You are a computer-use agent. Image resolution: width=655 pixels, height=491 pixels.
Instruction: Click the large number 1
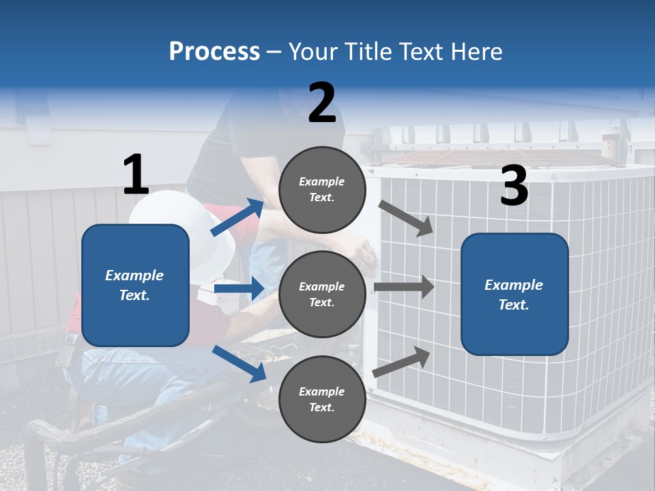point(136,175)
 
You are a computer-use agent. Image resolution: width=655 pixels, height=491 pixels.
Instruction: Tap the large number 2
point(322,103)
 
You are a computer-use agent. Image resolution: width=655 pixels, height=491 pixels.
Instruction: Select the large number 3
point(514,186)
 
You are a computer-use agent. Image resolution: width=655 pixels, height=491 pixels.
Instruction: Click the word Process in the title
point(214,51)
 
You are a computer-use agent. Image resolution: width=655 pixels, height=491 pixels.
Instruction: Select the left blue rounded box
point(135,285)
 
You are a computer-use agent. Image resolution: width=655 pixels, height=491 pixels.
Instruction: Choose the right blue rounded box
point(514,295)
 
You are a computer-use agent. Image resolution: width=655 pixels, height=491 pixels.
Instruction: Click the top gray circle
point(322,190)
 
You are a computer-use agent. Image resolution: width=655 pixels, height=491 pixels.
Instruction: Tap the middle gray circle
point(322,294)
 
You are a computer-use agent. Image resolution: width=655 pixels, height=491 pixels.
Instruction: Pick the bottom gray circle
point(322,399)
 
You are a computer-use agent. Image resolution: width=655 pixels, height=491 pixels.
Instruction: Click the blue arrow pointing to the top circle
point(238,218)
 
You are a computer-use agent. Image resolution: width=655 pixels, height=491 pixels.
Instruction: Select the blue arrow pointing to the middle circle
point(239,288)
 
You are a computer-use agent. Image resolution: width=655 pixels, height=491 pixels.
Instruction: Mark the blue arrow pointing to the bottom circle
point(239,363)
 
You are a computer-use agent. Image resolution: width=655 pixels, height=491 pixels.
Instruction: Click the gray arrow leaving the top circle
point(406,218)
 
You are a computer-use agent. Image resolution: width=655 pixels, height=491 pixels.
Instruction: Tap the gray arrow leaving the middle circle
point(404,287)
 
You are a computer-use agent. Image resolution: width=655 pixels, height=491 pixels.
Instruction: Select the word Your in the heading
point(312,51)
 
